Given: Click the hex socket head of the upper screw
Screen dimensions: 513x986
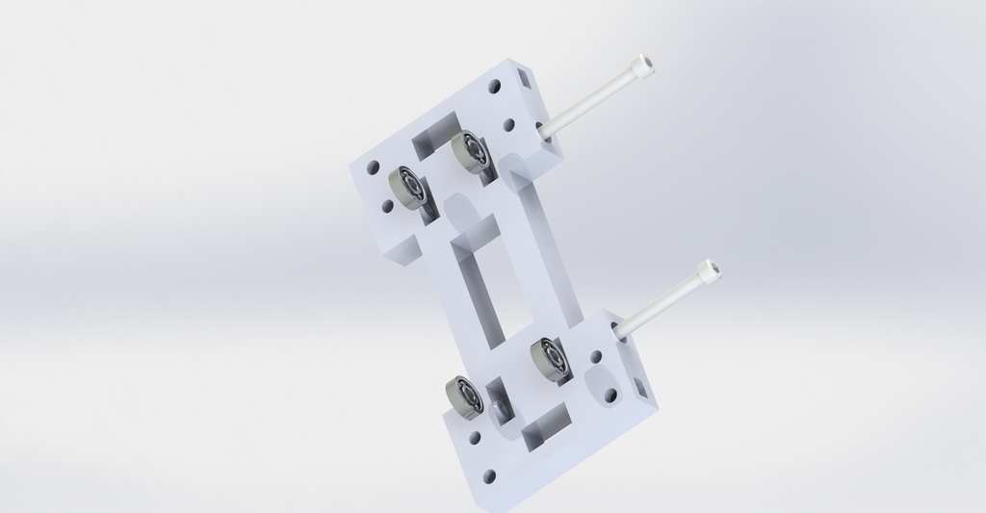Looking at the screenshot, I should [642, 64].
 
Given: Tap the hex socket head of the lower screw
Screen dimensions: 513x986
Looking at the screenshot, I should [711, 271].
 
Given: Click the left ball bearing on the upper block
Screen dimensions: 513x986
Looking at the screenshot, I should [408, 188].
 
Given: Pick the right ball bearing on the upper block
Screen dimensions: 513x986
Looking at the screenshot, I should [469, 151].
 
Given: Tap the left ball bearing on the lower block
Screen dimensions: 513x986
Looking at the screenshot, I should [464, 397].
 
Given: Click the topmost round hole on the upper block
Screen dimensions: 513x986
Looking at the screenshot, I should [495, 87].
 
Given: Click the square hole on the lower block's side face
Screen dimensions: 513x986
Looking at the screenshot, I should [640, 390].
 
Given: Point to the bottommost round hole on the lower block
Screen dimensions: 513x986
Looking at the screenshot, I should [488, 475].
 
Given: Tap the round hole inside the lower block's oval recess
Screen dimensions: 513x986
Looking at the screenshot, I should [610, 394].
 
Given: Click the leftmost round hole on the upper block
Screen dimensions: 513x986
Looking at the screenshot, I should [373, 167].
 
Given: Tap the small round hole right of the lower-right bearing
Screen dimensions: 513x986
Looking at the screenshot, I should [595, 357].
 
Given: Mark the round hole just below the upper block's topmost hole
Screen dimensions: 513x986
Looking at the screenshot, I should [509, 124].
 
